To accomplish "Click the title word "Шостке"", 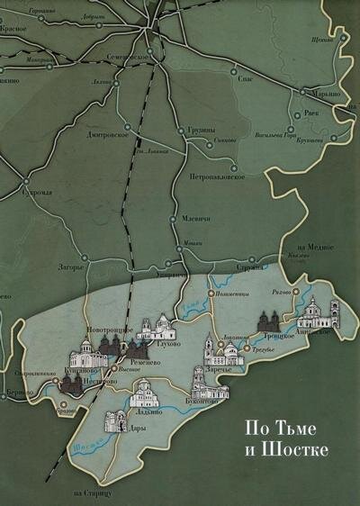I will point(300,447).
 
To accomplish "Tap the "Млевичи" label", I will point(198,219).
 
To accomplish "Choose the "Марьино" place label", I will point(321,95).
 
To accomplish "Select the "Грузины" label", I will point(201,131).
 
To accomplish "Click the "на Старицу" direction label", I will point(92,493).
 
